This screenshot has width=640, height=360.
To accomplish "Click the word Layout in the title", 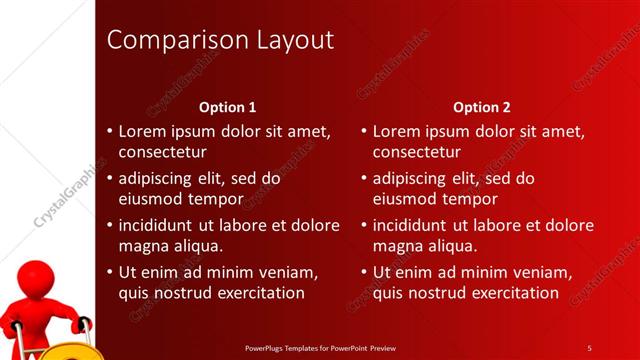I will pos(290,41).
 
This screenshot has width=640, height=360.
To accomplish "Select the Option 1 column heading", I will pos(228,107).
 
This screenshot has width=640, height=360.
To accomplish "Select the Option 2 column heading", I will pos(481,107).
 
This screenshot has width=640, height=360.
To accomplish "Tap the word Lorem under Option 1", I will pos(142,131).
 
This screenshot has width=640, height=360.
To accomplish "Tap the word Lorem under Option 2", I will pos(396,131).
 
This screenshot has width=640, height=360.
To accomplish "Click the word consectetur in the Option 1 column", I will pos(163,153).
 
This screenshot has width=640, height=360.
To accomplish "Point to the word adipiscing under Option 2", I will pos(409,179).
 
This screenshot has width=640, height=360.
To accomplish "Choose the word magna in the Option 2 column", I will pos(397,246).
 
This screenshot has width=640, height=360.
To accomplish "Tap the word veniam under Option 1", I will pos(288,272).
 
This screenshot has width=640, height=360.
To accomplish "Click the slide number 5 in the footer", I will pos(589,347).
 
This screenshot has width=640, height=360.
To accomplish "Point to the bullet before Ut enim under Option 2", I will pos(363,272).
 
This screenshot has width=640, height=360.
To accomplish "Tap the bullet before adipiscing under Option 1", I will pos(109,179).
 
